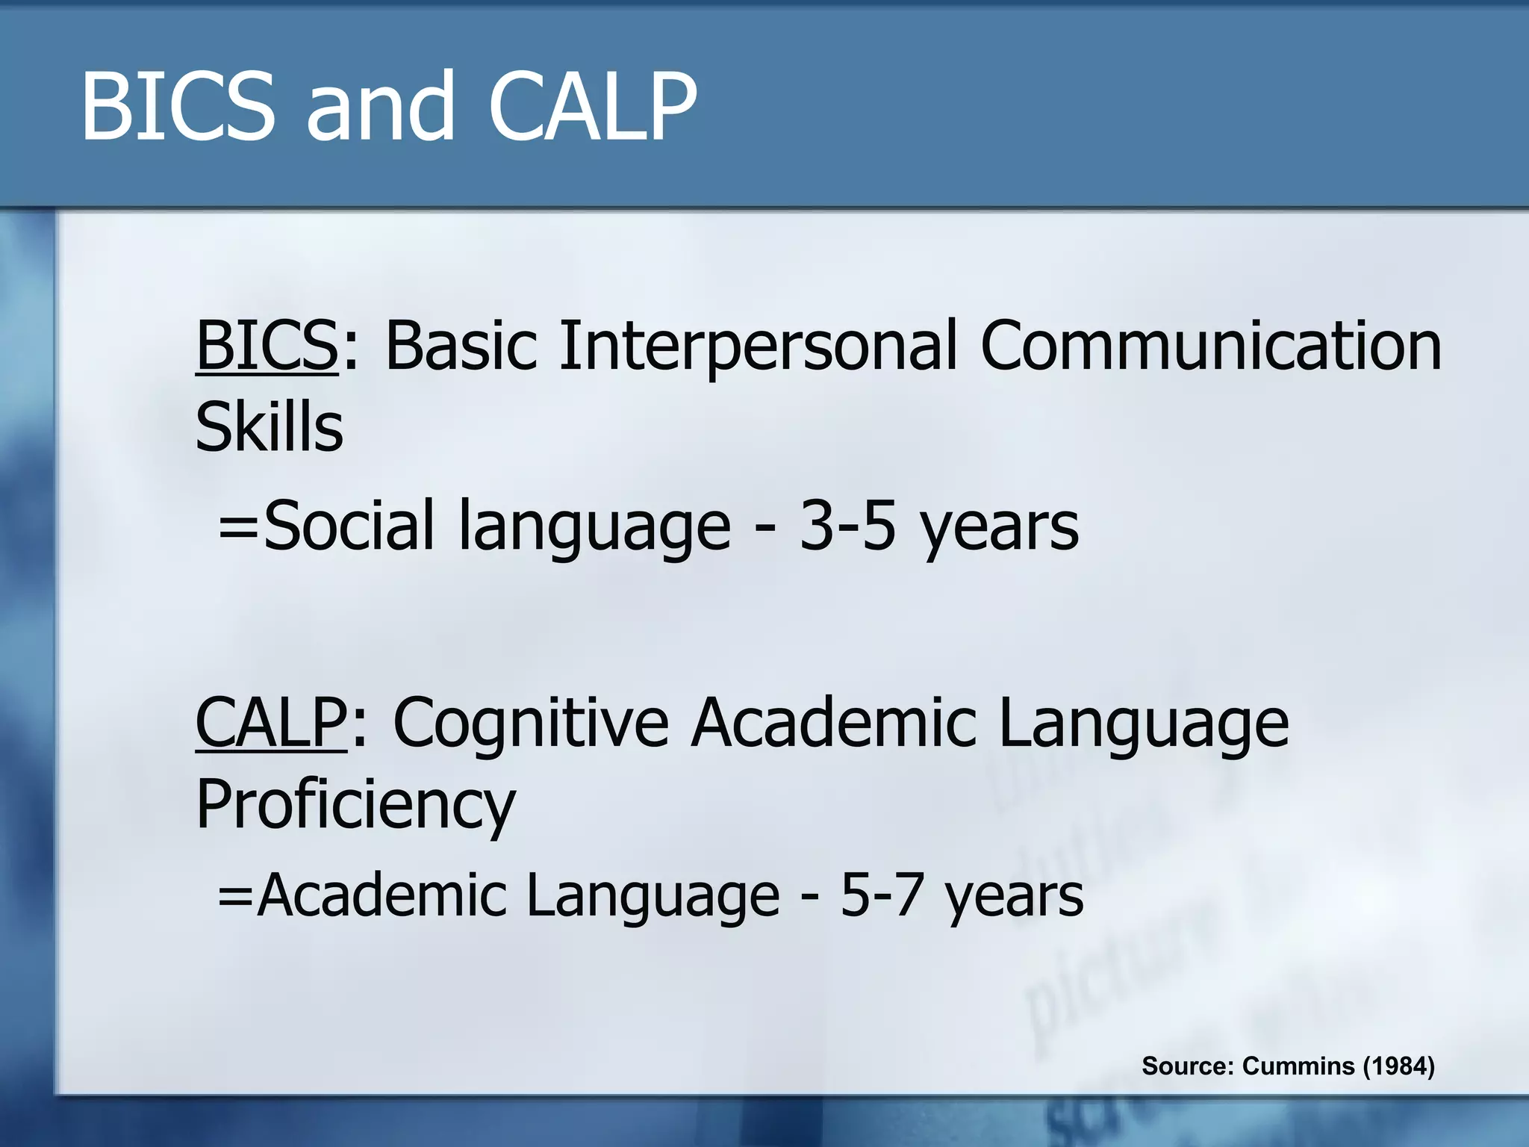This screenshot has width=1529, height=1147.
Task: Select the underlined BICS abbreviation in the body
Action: [267, 345]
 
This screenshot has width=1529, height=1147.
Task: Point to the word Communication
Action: [1210, 345]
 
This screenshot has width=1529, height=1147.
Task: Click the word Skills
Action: [269, 427]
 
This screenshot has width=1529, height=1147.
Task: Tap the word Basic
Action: [461, 345]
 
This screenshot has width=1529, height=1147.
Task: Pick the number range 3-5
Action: [847, 526]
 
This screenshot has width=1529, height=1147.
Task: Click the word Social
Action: [348, 526]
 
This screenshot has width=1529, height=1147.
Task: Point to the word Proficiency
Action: [355, 805]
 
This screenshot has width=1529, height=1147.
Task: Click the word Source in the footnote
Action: [1187, 1066]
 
